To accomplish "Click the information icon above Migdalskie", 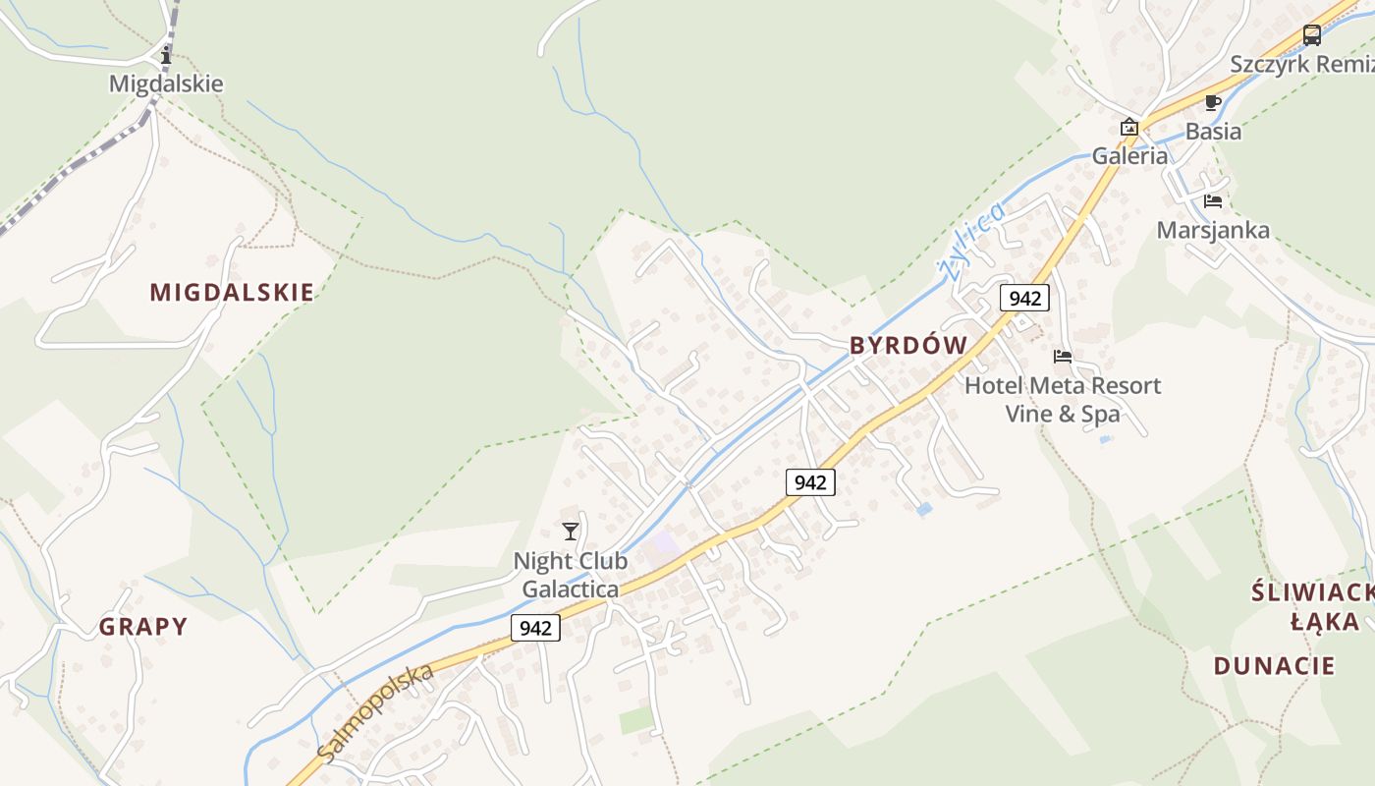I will (x=166, y=56).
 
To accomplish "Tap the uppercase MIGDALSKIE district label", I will (x=232, y=292).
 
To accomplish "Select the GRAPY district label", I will (x=143, y=627).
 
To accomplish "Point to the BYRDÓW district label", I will (x=908, y=345).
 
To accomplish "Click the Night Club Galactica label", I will (x=571, y=575).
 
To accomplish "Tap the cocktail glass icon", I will (x=571, y=532).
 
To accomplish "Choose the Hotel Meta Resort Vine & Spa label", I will (x=1063, y=399).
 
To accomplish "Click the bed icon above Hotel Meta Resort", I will (x=1063, y=356).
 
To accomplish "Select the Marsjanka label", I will (x=1213, y=230).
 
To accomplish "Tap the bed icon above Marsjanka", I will (x=1213, y=201).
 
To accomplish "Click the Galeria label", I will (x=1130, y=155).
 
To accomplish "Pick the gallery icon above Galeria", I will (x=1129, y=127).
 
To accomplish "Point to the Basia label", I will (x=1213, y=131).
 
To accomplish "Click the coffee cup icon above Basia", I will (x=1213, y=102).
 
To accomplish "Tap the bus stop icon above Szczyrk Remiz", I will (x=1312, y=35).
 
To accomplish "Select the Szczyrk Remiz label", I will (x=1301, y=64).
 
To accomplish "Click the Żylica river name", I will (x=972, y=241).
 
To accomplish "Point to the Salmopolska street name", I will (x=376, y=711).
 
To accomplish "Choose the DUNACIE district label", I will (x=1274, y=665).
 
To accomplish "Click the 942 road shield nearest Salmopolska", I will (x=535, y=628).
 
